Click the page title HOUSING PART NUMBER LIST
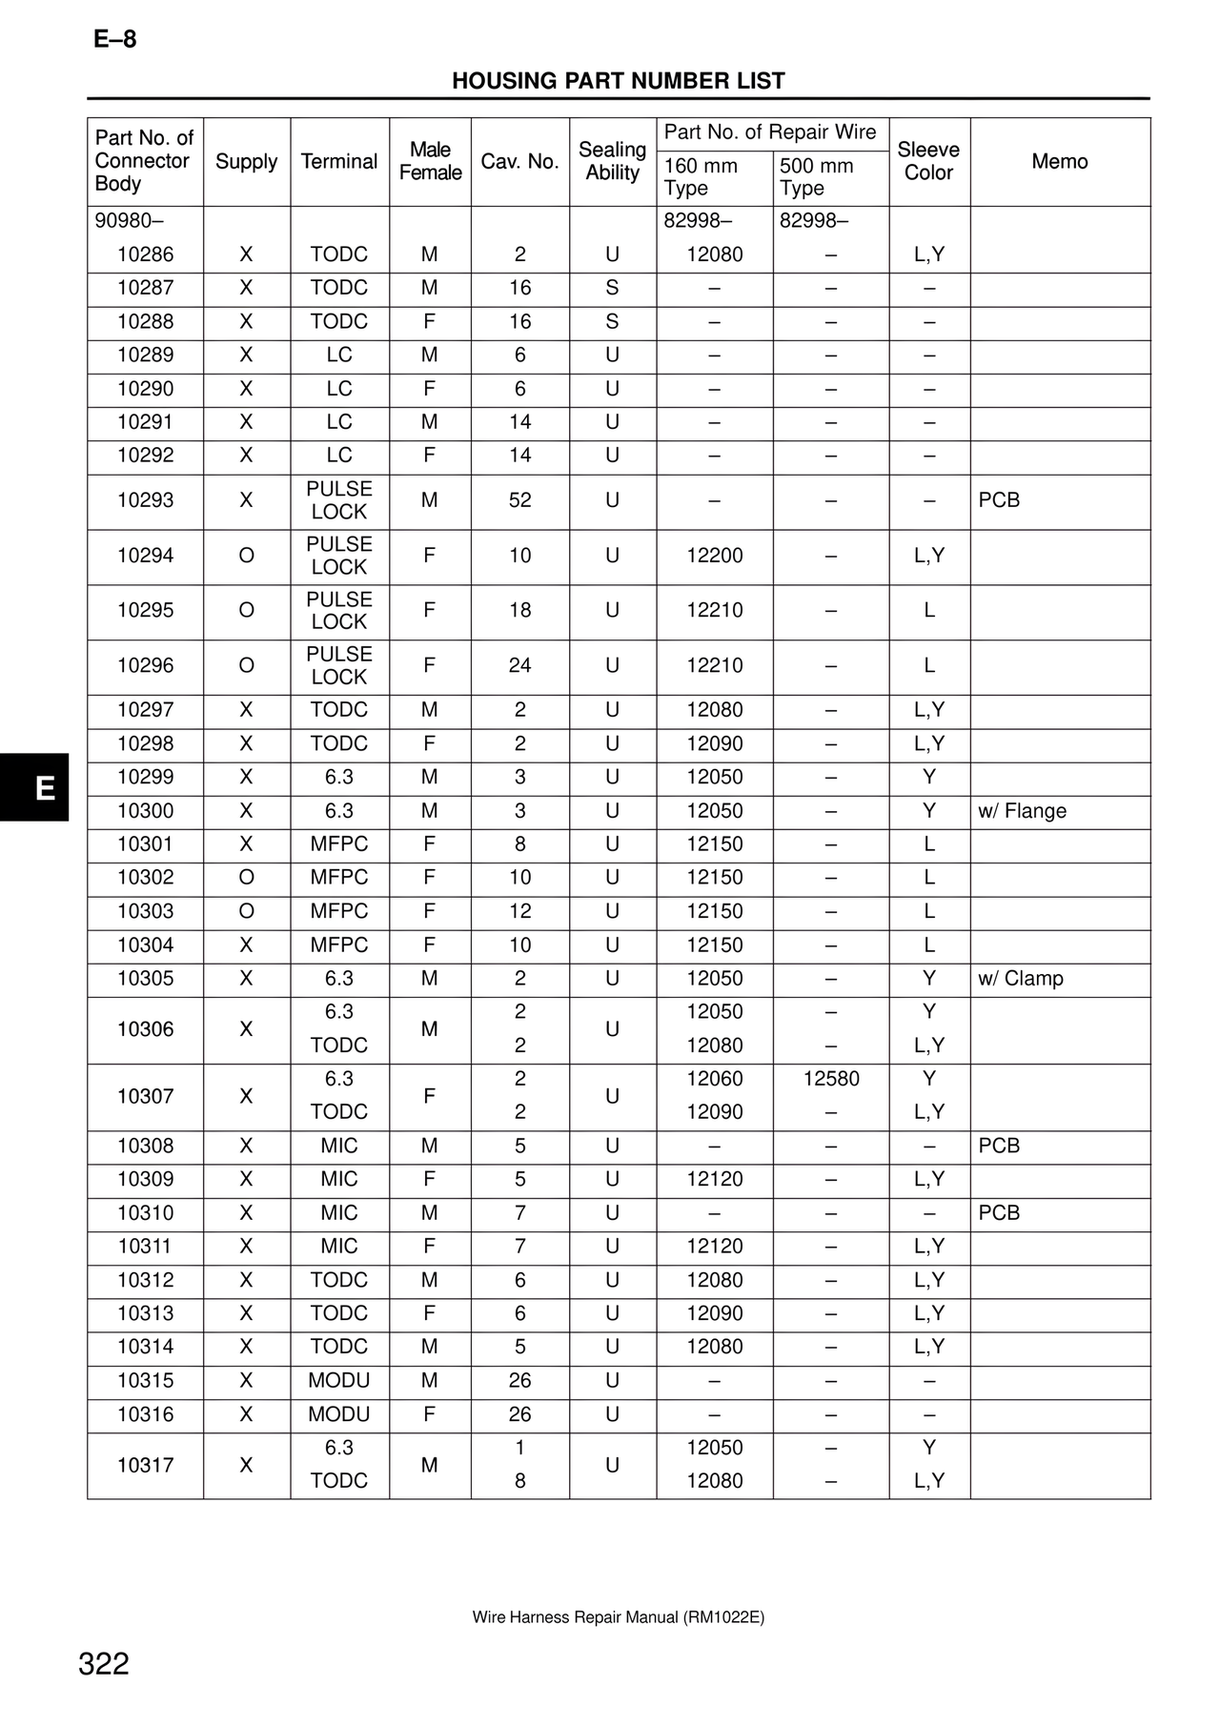[618, 81]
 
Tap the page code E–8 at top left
[115, 39]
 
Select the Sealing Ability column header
[612, 161]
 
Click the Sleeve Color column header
[928, 161]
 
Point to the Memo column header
[1059, 161]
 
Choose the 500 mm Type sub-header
[817, 176]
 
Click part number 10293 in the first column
[145, 500]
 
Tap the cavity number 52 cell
[519, 500]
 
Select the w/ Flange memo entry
[1022, 811]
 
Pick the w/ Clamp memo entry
[1020, 979]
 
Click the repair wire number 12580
[831, 1079]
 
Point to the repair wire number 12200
[715, 556]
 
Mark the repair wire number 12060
[715, 1079]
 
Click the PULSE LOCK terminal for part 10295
[339, 611]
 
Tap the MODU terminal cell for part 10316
[339, 1414]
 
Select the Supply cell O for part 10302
[246, 878]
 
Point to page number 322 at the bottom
[104, 1664]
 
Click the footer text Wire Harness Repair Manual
[618, 1617]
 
